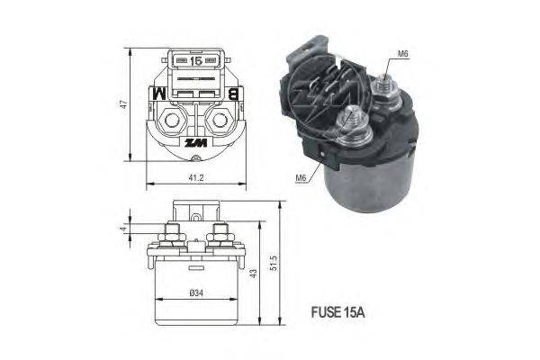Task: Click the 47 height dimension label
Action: [x=123, y=103]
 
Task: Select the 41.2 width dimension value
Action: [x=196, y=178]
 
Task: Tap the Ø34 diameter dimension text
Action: [x=196, y=293]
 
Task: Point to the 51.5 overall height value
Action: [x=273, y=263]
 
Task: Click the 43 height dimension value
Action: [x=253, y=274]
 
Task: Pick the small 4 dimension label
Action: [x=123, y=229]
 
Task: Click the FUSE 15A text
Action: [x=337, y=312]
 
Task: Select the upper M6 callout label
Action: [x=402, y=54]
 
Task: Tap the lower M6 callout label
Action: [x=301, y=178]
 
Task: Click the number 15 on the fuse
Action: [x=196, y=61]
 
